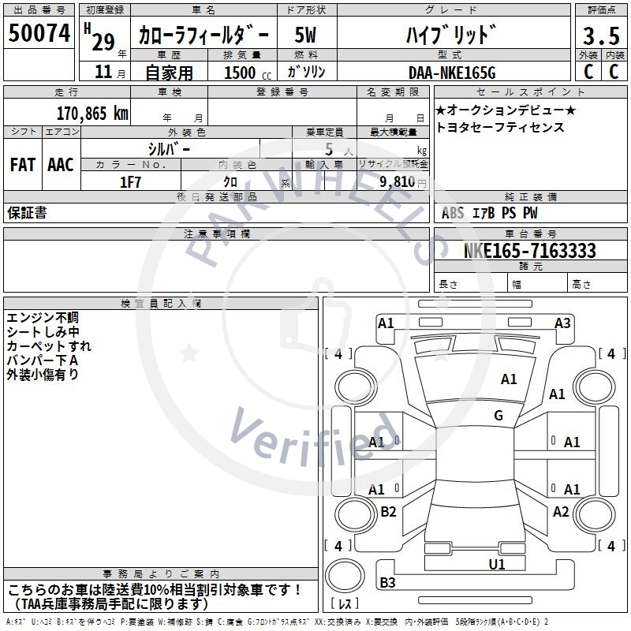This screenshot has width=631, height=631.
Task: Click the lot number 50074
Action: (x=39, y=34)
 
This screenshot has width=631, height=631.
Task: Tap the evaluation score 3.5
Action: (x=600, y=36)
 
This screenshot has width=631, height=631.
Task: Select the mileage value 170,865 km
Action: (x=92, y=113)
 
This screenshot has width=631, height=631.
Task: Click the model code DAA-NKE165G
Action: (x=452, y=73)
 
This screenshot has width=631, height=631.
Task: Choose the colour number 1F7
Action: (x=130, y=182)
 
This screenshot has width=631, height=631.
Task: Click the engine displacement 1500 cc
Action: (x=245, y=73)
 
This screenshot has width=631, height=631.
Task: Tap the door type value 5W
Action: (x=306, y=35)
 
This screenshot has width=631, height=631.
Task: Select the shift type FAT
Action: (x=23, y=165)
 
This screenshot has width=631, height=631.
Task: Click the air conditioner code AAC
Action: (x=61, y=165)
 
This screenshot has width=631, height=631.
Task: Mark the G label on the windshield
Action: (x=498, y=416)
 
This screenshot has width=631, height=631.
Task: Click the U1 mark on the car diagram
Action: (x=497, y=564)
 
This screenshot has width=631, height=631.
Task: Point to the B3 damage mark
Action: (x=387, y=583)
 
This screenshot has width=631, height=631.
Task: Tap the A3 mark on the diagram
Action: (x=562, y=323)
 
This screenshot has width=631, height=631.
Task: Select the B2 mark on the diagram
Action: (x=388, y=512)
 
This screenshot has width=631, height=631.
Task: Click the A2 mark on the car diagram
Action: (x=561, y=512)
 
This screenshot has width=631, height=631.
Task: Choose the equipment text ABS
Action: (x=453, y=213)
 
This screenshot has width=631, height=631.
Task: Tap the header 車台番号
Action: (x=531, y=234)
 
